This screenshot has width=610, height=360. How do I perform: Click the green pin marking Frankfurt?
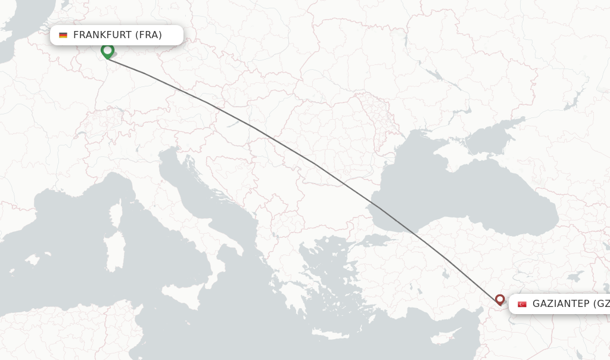coord(107,51)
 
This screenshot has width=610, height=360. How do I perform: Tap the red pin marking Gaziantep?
coord(500,300)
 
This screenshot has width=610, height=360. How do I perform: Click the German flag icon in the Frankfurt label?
coord(63,35)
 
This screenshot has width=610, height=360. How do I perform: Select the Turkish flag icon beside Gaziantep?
coord(522,304)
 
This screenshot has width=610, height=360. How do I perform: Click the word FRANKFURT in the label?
coord(102,35)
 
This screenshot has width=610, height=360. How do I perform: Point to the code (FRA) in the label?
coord(148,35)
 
